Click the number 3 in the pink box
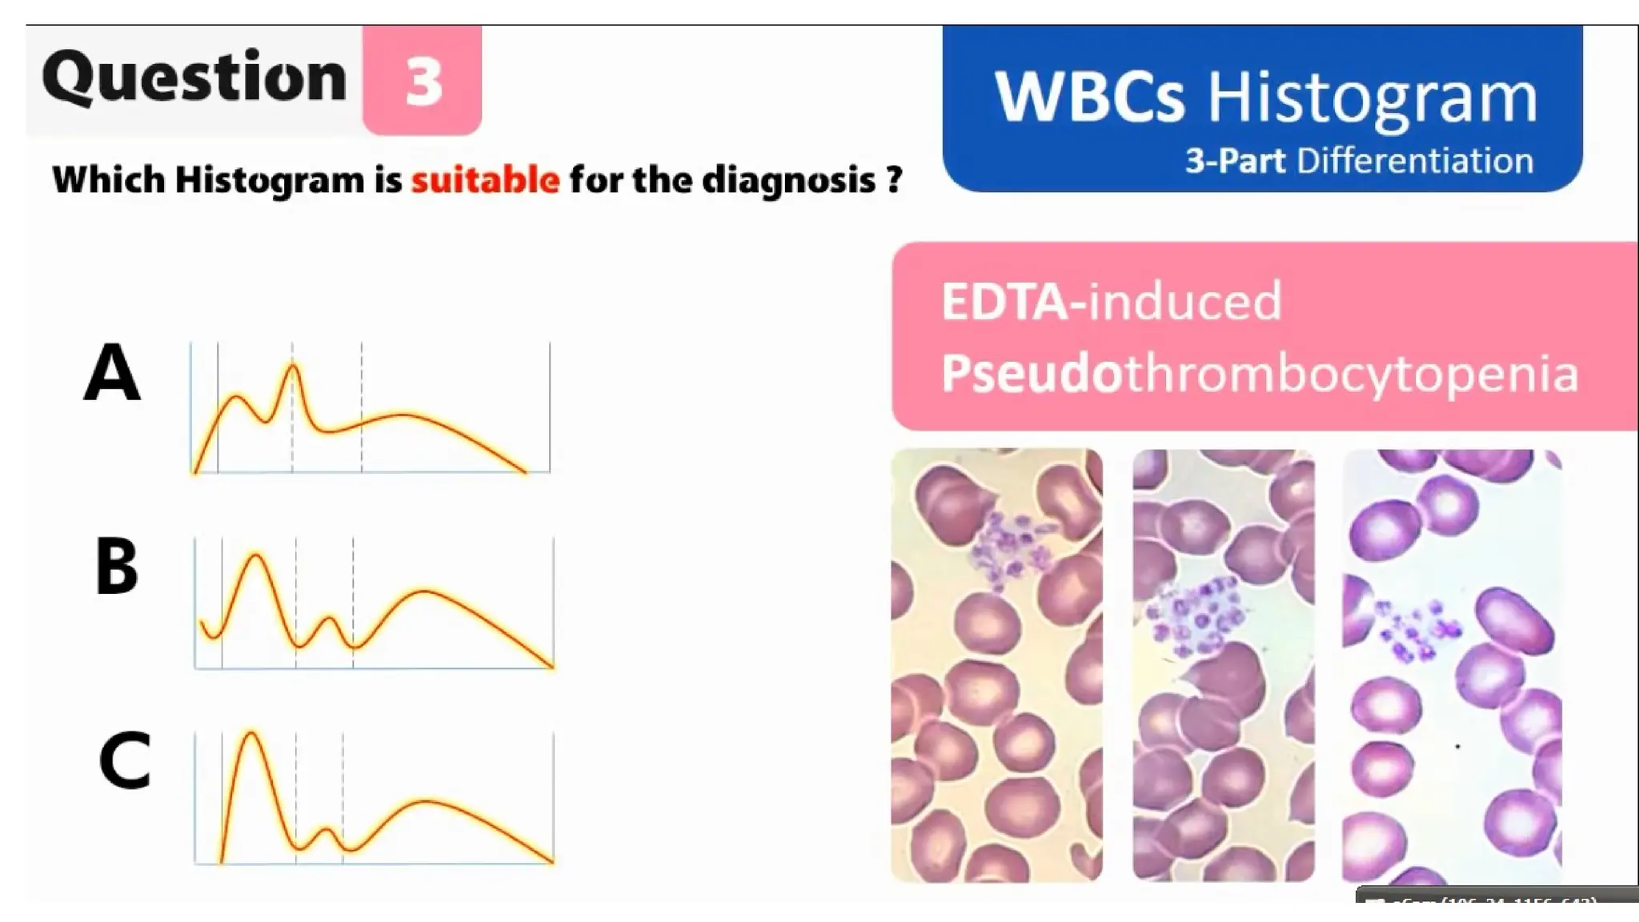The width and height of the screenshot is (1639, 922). tap(423, 82)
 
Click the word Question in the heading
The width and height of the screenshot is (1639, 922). tap(194, 78)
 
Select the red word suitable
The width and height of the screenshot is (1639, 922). tap(485, 179)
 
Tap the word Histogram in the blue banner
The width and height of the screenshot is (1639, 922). tap(1372, 98)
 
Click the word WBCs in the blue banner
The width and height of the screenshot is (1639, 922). tap(1089, 98)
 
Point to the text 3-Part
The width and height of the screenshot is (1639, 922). tap(1235, 161)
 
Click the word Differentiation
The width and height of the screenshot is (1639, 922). tap(1414, 161)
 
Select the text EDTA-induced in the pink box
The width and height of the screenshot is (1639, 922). tap(1111, 302)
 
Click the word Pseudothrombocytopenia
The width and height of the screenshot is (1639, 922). tap(1259, 374)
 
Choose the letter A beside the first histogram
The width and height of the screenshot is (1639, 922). tap(112, 373)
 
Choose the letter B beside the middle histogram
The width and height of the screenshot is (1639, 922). tap(117, 567)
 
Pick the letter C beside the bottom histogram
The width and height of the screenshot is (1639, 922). tap(124, 760)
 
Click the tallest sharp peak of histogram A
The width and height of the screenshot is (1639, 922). tap(293, 367)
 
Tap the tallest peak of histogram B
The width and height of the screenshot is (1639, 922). tap(255, 555)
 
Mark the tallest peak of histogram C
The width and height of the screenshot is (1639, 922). tap(251, 734)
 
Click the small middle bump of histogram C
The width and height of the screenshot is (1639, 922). tap(327, 832)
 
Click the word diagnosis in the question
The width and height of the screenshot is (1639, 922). tap(788, 179)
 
